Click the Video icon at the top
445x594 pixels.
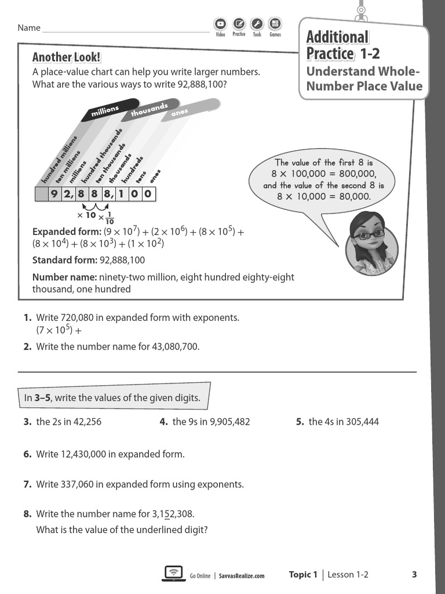click(220, 24)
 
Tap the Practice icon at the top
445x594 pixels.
click(239, 24)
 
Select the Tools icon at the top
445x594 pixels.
click(257, 24)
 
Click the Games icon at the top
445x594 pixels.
click(275, 24)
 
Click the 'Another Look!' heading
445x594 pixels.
click(66, 57)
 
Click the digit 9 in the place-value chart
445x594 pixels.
click(54, 194)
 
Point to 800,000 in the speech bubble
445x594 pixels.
click(355, 174)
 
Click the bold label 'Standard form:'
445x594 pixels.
click(64, 260)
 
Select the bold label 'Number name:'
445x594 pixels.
click(64, 277)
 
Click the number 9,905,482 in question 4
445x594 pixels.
click(229, 422)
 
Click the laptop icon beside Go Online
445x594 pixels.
click(173, 574)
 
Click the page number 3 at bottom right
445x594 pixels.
click(414, 574)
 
